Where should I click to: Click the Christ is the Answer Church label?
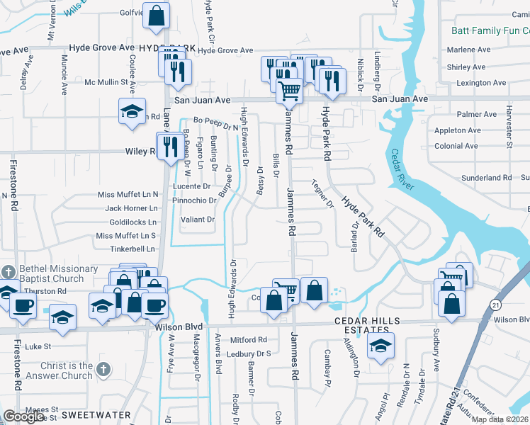click(67, 370)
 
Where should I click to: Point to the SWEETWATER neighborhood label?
click(97, 414)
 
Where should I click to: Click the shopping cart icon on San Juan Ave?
click(289, 91)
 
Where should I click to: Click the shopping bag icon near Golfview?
click(157, 13)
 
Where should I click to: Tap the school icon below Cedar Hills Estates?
click(381, 346)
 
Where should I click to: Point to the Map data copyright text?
click(500, 419)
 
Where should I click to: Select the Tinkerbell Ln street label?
click(132, 249)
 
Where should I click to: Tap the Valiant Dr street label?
click(198, 220)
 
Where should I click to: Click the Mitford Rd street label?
click(247, 340)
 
